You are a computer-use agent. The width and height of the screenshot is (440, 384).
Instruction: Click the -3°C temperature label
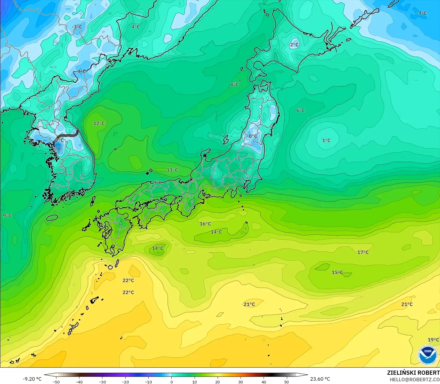tap(77, 27)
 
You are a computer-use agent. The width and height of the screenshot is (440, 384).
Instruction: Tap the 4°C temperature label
tap(136, 27)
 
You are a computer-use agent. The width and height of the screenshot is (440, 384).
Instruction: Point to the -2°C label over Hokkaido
tap(293, 45)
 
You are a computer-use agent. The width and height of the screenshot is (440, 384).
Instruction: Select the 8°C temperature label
tap(235, 84)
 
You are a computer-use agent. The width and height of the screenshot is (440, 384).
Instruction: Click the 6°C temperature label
tap(301, 111)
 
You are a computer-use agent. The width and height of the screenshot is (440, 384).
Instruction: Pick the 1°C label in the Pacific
tap(326, 141)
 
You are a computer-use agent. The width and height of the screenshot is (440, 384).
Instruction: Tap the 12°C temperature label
tap(99, 124)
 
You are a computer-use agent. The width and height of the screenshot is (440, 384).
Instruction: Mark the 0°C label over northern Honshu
tap(253, 136)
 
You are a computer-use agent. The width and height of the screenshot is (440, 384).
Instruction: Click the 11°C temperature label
tap(172, 170)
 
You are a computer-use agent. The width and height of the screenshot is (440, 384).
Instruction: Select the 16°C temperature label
tap(205, 224)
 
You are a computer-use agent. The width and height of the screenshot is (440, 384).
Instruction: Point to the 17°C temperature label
tap(363, 252)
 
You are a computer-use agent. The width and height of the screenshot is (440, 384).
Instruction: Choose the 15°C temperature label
tap(337, 272)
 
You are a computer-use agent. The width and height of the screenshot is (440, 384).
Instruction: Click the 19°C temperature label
tap(433, 340)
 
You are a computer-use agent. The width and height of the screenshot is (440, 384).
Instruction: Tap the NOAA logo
tap(427, 355)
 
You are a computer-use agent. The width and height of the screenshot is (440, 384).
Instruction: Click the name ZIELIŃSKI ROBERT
tap(413, 373)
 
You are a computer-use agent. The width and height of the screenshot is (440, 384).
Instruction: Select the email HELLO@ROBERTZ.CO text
tap(415, 379)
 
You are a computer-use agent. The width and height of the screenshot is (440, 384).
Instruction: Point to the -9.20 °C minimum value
tap(32, 379)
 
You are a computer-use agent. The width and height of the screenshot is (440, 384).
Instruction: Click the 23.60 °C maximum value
tap(320, 379)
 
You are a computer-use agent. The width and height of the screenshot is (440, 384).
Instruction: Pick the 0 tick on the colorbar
tap(172, 382)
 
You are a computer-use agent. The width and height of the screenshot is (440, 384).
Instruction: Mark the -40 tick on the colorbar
tap(79, 382)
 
